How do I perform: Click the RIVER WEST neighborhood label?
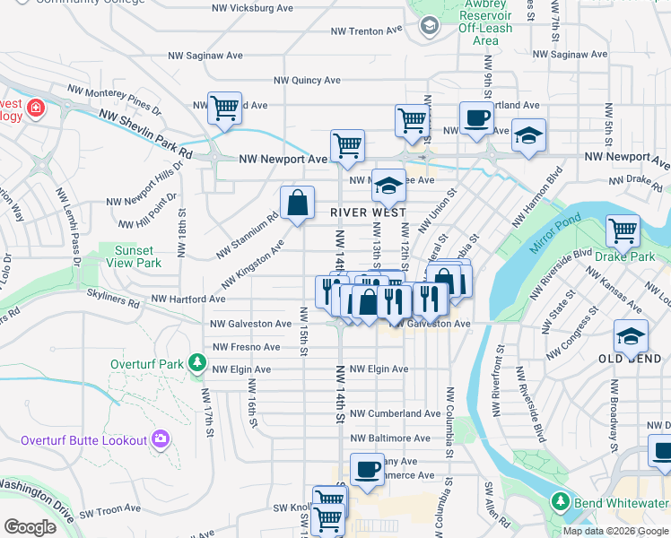(369, 213)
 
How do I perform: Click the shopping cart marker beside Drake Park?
(623, 230)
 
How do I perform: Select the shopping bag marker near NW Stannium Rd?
(298, 203)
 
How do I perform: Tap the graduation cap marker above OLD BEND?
(631, 336)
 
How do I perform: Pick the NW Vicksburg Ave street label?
(253, 7)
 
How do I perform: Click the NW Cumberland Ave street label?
(395, 413)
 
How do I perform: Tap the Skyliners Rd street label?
(113, 299)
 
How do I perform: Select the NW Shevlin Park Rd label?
(146, 134)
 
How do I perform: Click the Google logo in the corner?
(30, 526)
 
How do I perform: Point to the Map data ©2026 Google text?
(615, 531)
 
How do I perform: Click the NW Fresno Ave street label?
(247, 347)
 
